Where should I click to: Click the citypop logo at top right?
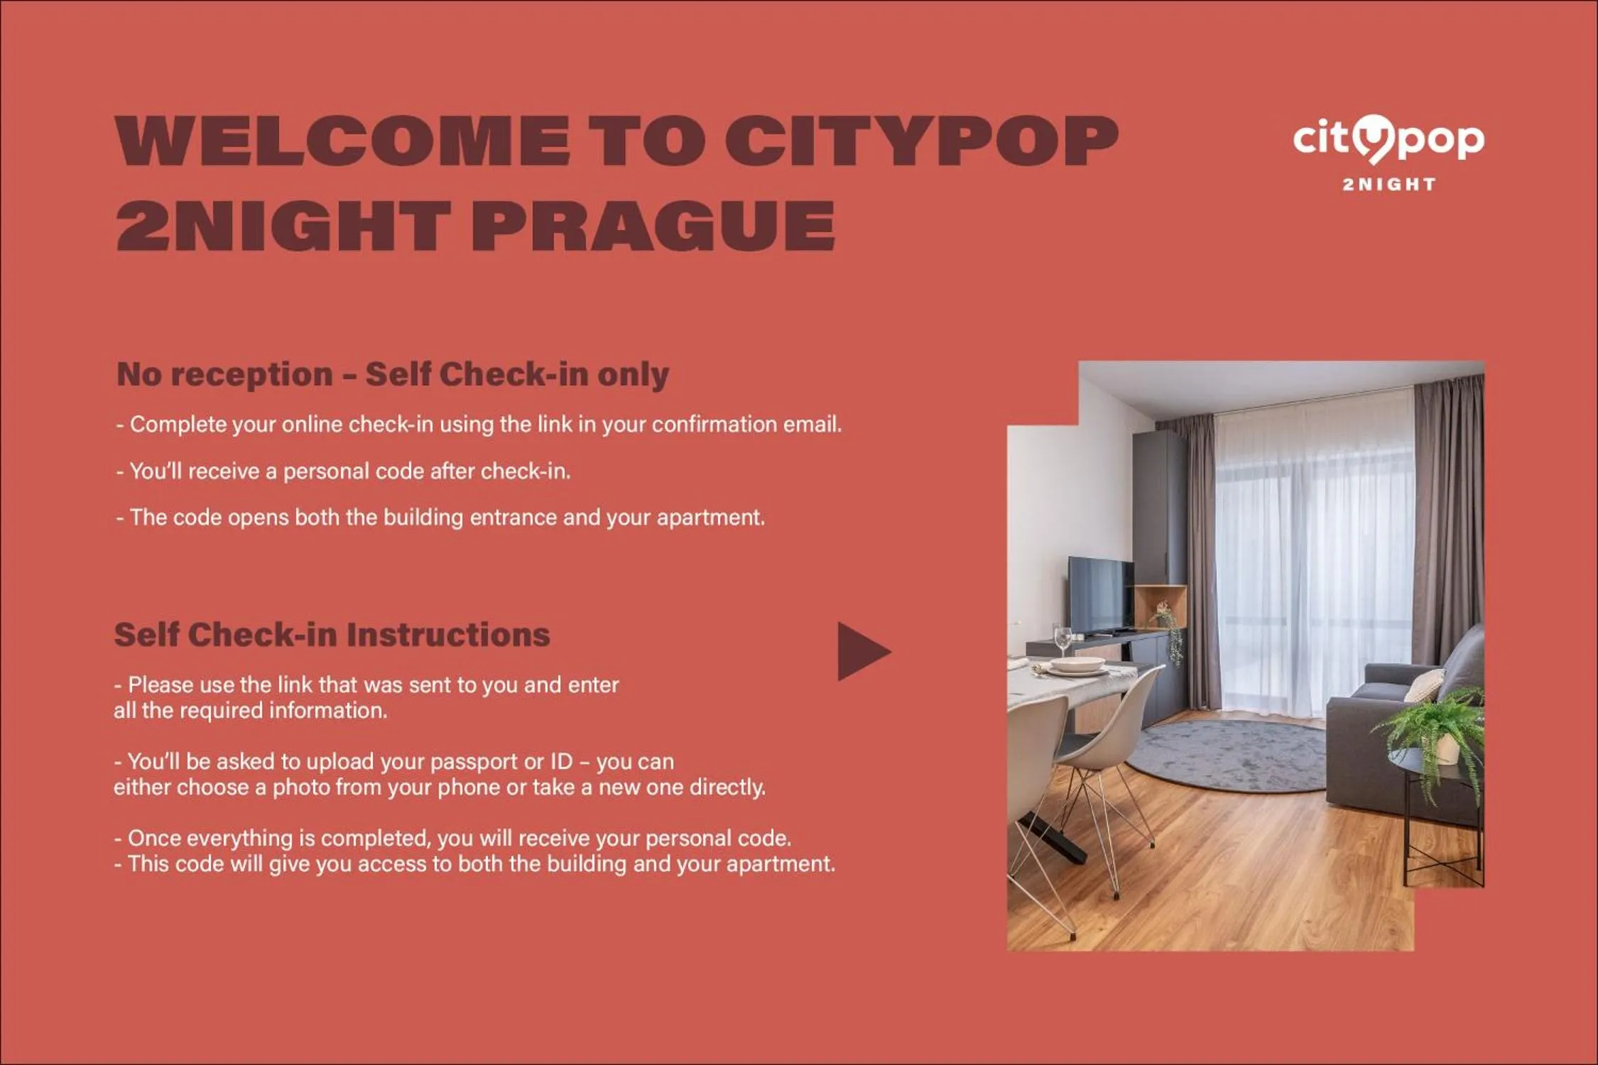(1388, 140)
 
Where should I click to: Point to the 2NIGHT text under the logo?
(1388, 185)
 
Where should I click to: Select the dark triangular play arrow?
(861, 652)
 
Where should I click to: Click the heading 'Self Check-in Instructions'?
(332, 635)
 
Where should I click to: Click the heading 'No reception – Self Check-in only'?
(393, 374)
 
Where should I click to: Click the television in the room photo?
(1101, 595)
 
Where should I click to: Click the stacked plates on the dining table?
(1077, 665)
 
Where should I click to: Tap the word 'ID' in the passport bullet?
(561, 762)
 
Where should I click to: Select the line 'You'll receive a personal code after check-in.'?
(344, 471)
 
